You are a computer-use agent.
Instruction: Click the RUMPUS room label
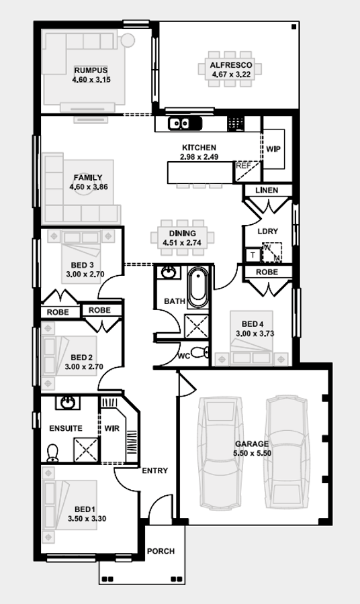tap(91, 70)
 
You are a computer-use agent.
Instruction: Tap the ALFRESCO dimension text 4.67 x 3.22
tap(230, 74)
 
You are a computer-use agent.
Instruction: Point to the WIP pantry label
tap(273, 149)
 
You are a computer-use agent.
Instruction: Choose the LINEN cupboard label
tap(267, 191)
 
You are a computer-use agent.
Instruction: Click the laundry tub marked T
tap(252, 255)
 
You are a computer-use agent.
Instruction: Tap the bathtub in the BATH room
tap(197, 288)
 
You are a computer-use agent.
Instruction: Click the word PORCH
tap(161, 552)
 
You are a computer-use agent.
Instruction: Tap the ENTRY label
tap(155, 471)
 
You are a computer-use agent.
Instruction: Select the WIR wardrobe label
tap(111, 428)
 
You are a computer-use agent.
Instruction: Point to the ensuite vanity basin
tap(68, 403)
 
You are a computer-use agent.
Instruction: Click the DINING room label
tap(183, 234)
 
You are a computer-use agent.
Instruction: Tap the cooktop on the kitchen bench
tap(235, 123)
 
